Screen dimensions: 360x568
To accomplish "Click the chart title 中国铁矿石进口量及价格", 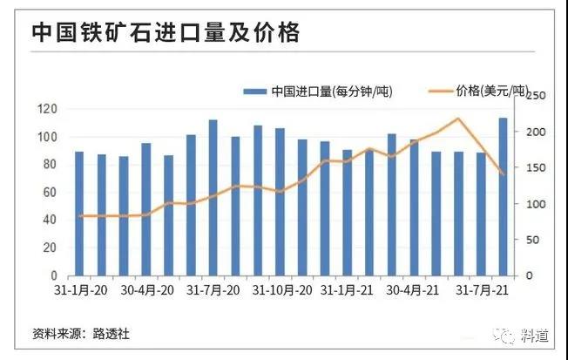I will click(x=166, y=33).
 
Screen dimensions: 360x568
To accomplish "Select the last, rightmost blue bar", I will click(x=504, y=196).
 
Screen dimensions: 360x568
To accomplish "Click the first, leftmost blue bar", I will click(x=79, y=214).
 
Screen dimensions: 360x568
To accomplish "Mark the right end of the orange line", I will click(x=504, y=174).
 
